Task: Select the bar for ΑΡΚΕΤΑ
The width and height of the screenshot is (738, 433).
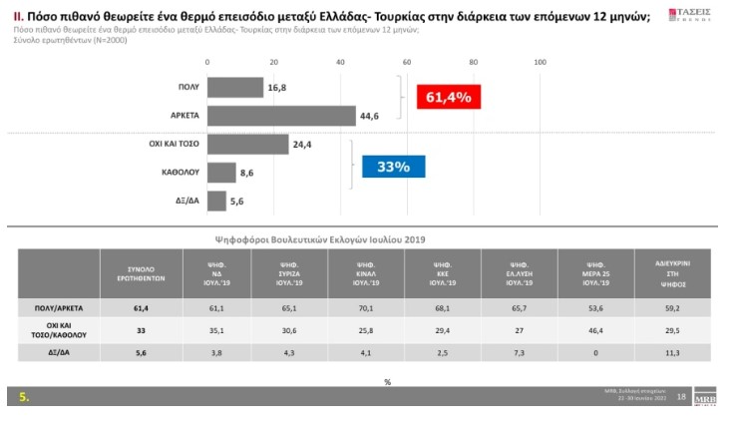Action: [x=281, y=115]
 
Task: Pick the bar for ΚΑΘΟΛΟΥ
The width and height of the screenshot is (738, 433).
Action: [x=221, y=173]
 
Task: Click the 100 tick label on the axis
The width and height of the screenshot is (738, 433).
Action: [x=541, y=63]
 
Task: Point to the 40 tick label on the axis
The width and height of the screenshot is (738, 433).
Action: [x=341, y=63]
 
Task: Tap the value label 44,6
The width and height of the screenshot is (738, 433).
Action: [x=369, y=116]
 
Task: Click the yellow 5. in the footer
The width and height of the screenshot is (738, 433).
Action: [x=24, y=397]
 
